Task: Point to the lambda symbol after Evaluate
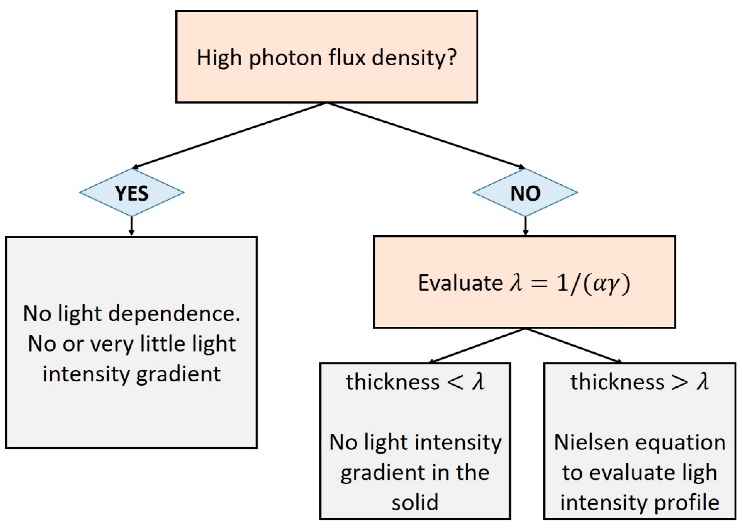coord(516,282)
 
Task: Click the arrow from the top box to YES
coord(228,136)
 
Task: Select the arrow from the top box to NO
coord(426,136)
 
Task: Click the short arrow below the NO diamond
coord(525,226)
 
